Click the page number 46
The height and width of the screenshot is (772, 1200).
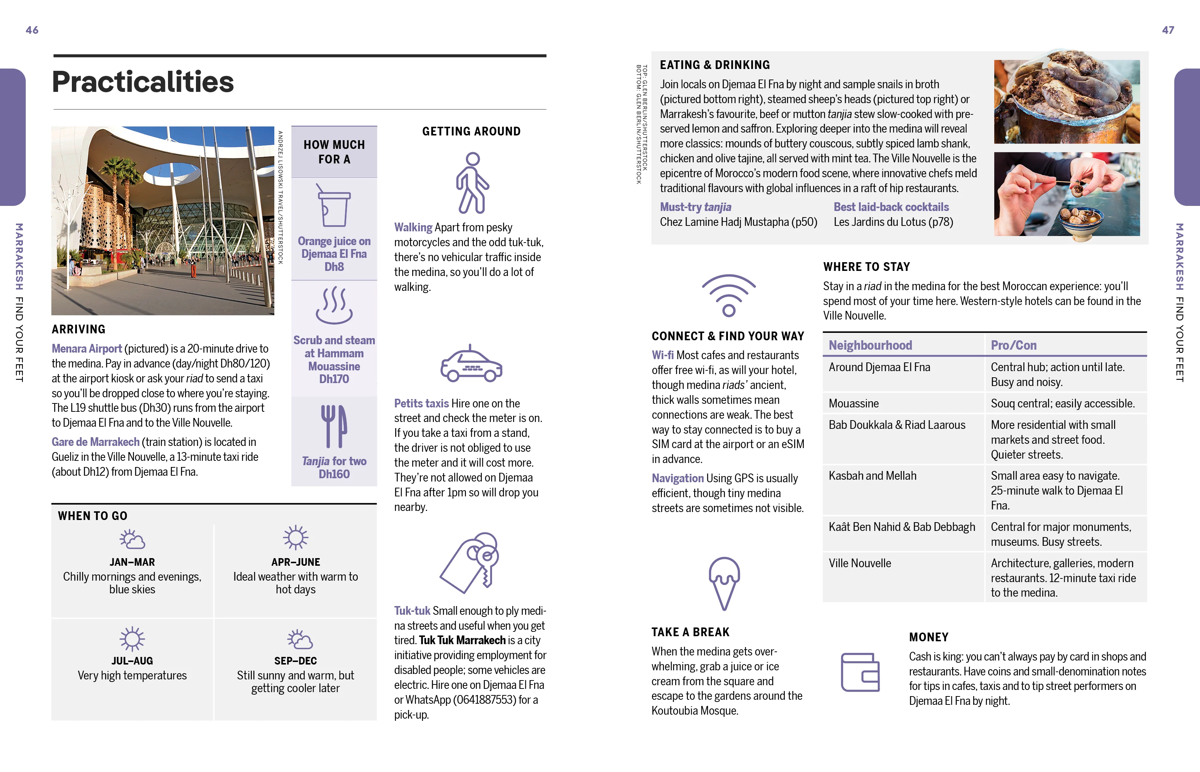[32, 30]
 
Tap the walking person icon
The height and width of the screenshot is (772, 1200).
[471, 183]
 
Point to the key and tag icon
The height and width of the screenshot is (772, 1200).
[470, 562]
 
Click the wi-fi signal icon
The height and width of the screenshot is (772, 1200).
[729, 295]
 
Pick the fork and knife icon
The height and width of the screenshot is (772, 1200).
[333, 426]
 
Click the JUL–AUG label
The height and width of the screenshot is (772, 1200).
[132, 661]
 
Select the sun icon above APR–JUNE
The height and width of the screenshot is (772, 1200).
[295, 538]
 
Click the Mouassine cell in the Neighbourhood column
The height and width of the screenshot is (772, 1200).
[854, 403]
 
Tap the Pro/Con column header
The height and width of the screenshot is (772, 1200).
[1014, 345]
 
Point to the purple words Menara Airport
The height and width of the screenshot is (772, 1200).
[87, 348]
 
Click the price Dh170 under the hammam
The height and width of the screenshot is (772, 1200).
[334, 379]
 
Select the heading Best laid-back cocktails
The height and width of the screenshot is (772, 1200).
[891, 207]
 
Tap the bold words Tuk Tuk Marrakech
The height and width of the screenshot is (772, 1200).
[462, 640]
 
